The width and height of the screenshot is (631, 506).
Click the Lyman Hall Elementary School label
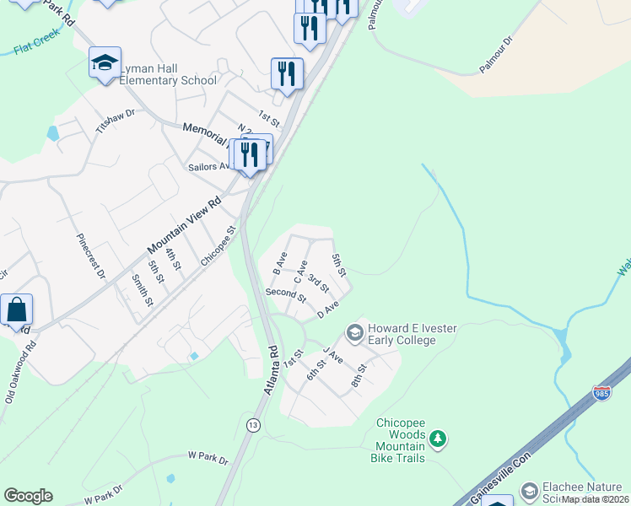coord(168,74)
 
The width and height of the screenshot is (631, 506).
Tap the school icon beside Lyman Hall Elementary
coord(105,62)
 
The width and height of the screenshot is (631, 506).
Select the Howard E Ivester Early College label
coord(402,334)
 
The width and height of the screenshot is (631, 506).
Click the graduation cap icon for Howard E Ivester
coord(355,334)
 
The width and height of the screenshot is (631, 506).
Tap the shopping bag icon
coord(17,310)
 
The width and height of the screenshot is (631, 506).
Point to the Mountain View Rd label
coord(184,225)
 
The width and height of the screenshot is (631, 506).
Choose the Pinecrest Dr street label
coord(91,256)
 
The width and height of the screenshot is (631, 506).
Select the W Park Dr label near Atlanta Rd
coord(208,458)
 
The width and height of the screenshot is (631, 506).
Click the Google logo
coord(28,496)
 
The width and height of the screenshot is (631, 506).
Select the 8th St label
coord(360,374)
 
